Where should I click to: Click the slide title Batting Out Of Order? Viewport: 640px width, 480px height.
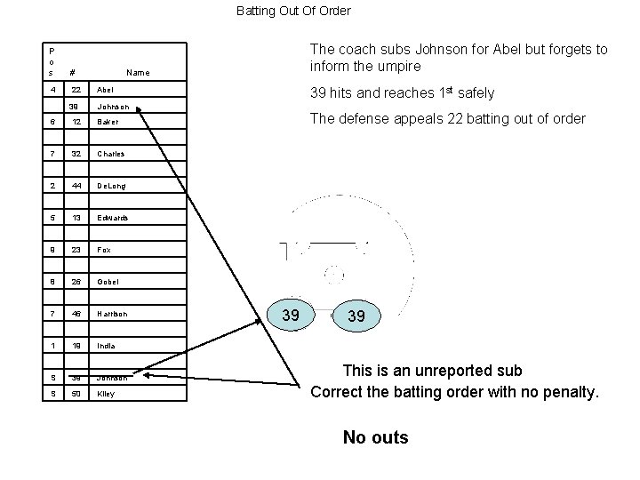(x=293, y=12)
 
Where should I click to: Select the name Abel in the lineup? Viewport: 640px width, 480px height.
(x=105, y=90)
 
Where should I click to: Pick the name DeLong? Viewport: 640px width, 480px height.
(x=111, y=186)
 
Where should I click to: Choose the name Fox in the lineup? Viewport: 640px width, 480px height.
(x=103, y=250)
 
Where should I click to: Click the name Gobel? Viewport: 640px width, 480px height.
(x=107, y=282)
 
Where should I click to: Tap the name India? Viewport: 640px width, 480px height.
(x=105, y=345)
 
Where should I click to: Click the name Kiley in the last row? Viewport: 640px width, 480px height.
(x=106, y=393)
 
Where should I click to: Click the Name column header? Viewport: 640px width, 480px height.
(x=139, y=73)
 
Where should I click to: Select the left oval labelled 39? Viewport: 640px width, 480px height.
(x=290, y=316)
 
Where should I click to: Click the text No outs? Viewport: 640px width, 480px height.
(x=376, y=437)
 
